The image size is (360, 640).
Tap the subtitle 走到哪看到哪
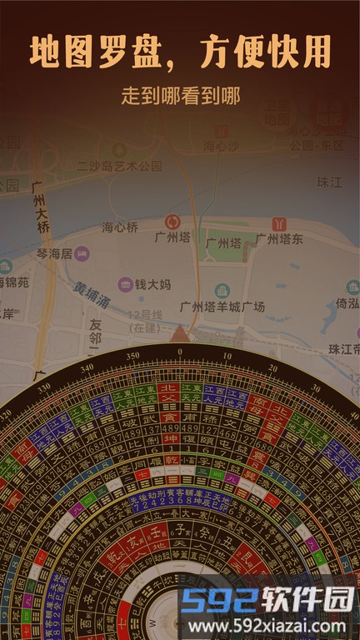click(x=180, y=96)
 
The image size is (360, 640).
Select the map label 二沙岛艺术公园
click(x=119, y=166)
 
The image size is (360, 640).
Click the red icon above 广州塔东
click(x=279, y=223)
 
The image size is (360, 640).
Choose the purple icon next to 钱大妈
click(x=125, y=284)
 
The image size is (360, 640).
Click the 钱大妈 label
click(x=152, y=284)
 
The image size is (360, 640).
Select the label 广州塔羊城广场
click(x=222, y=307)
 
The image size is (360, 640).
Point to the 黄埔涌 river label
click(x=90, y=294)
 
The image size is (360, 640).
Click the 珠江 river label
click(x=330, y=182)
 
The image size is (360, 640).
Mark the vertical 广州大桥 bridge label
click(x=39, y=208)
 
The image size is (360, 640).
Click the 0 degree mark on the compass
click(x=180, y=352)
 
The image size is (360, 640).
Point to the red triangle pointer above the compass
click(x=180, y=334)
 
